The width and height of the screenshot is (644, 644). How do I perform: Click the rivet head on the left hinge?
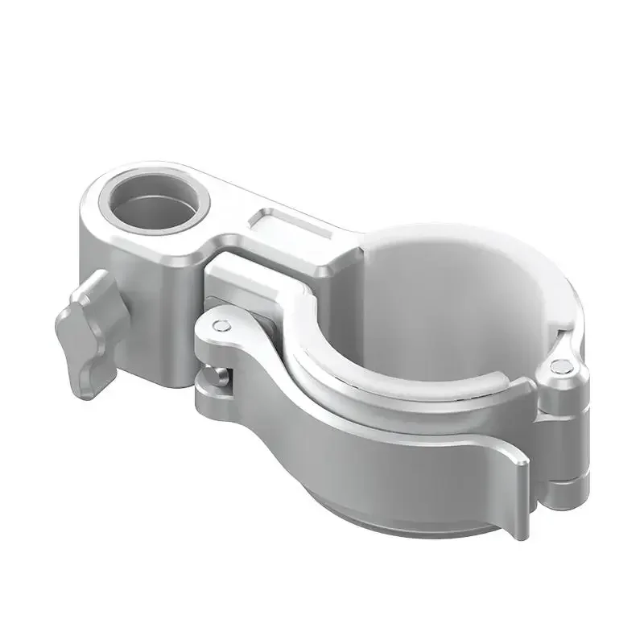223,325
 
